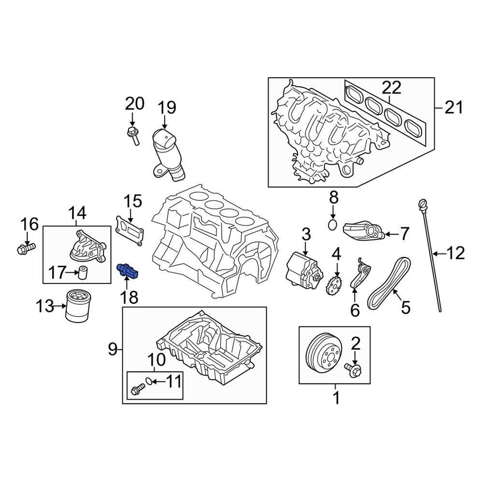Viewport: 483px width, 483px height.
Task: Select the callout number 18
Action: (129, 297)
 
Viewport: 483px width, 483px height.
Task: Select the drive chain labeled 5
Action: (389, 285)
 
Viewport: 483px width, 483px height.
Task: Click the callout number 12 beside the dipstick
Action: (455, 253)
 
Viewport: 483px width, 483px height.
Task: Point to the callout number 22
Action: (391, 87)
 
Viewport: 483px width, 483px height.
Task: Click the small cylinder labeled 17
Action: (84, 273)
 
